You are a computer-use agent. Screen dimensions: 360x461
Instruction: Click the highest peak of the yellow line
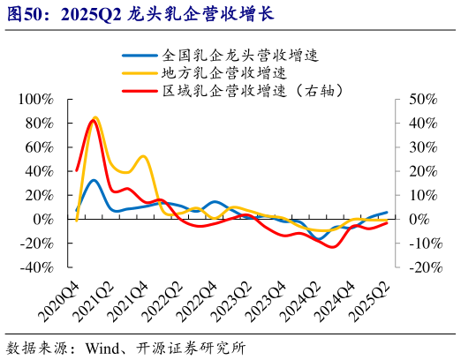tap(95, 116)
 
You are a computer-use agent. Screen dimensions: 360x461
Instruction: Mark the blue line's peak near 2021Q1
tap(94, 180)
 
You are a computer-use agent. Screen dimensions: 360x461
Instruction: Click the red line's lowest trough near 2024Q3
tap(333, 247)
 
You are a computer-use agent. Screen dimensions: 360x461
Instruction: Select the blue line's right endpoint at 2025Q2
tap(387, 212)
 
